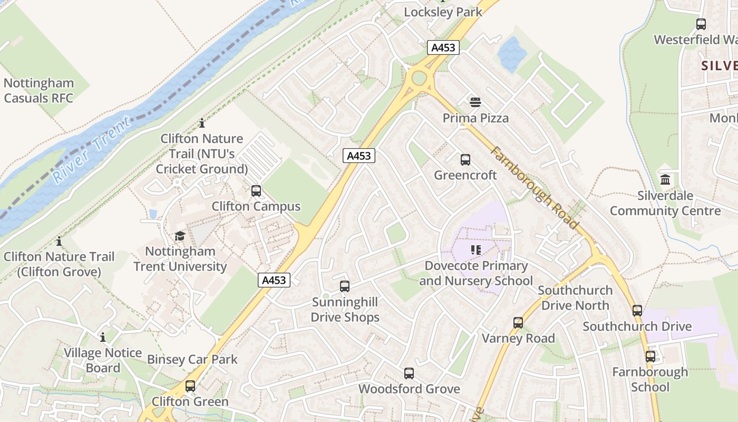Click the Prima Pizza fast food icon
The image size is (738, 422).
point(475,102)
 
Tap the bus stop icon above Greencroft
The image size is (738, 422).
point(465,159)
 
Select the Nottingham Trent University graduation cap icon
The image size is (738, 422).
point(180,236)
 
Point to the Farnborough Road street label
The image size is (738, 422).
point(536,187)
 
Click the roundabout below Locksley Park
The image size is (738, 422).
point(419,79)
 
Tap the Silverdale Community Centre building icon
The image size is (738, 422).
point(665,179)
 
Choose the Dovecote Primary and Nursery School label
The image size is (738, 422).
point(475,273)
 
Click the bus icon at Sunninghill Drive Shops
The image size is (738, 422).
point(345,286)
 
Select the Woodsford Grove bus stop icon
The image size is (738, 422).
point(409,373)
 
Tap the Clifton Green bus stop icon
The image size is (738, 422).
point(190,386)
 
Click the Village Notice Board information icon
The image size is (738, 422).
point(103,337)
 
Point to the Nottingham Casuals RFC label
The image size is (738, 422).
point(38,90)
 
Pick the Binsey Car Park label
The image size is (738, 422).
point(192,359)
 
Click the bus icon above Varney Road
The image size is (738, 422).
point(518,322)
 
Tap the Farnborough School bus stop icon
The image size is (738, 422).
point(650,357)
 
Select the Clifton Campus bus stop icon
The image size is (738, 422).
point(256,190)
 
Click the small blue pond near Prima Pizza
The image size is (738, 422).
point(511,54)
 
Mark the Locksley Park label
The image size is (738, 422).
point(443,12)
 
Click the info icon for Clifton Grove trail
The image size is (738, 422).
point(59,242)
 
